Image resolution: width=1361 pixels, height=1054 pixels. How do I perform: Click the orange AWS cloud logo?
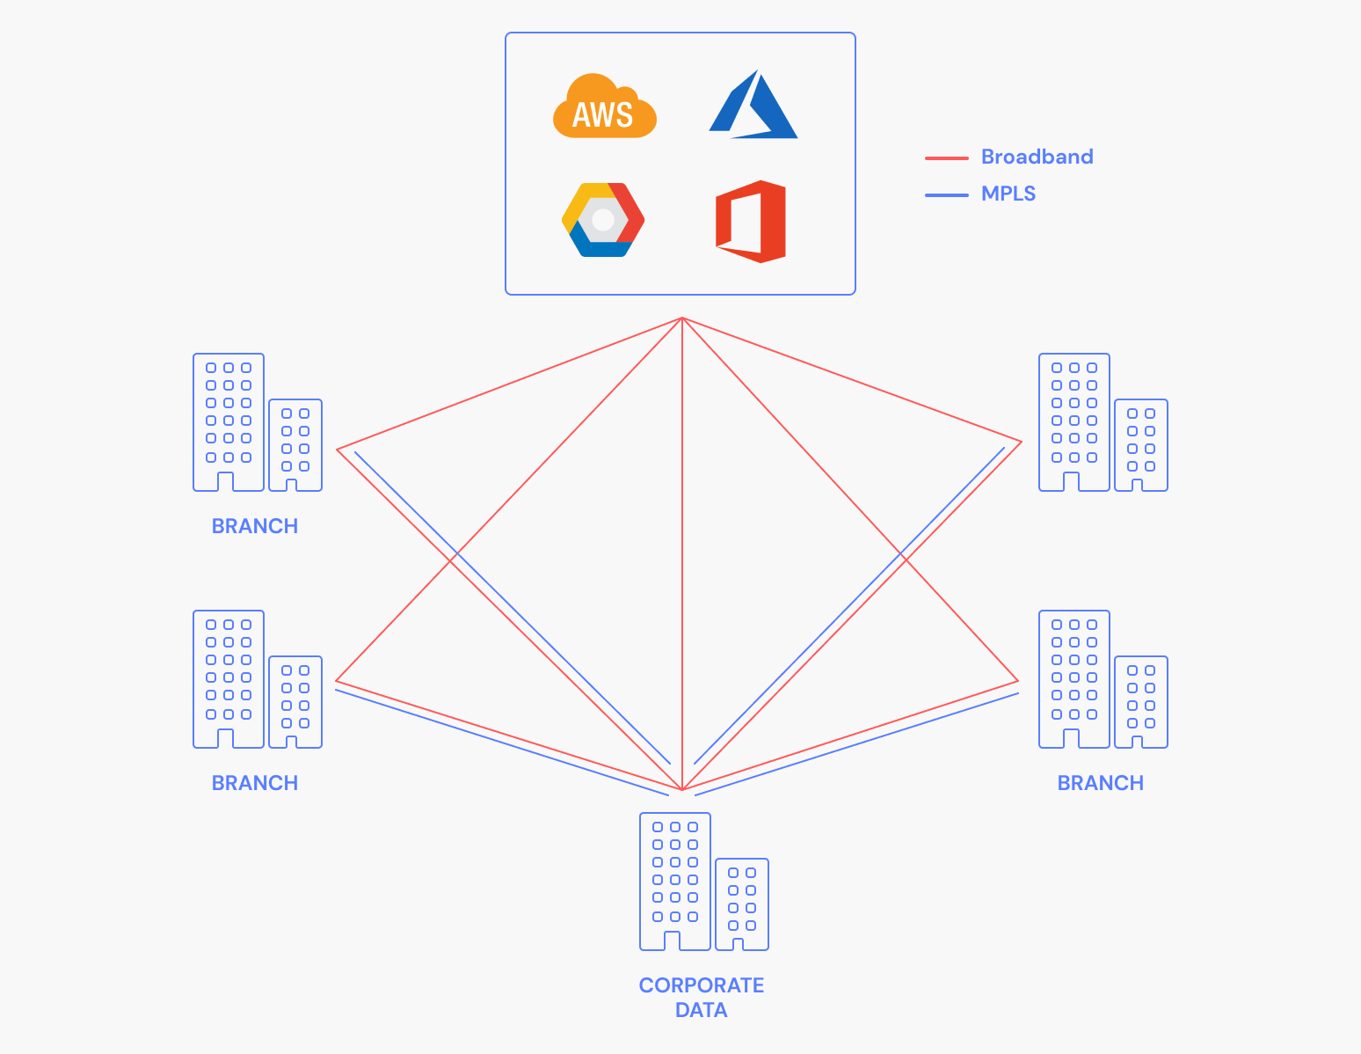(x=604, y=107)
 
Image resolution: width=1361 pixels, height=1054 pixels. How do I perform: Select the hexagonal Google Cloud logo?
(x=603, y=220)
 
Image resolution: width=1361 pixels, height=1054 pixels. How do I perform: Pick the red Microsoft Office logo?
(x=751, y=222)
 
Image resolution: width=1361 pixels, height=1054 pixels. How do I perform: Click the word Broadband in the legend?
(x=1037, y=157)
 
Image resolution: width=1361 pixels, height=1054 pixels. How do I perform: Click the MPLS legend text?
(x=1008, y=194)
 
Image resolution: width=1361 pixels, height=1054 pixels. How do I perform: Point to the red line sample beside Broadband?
(x=946, y=158)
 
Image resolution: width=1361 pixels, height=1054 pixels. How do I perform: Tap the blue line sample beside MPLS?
(x=946, y=194)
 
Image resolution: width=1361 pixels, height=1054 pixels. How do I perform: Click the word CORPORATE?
(x=701, y=985)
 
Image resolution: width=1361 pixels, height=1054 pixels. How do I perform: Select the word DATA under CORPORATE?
(x=701, y=1010)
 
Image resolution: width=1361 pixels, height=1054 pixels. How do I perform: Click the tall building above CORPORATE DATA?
(x=674, y=880)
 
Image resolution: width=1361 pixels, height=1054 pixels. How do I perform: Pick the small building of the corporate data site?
(x=741, y=904)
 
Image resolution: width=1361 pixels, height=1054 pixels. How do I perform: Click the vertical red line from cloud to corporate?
(x=682, y=554)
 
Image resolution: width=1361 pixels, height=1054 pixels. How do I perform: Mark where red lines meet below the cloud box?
(x=682, y=318)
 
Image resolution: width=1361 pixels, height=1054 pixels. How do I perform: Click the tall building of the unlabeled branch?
(x=1074, y=421)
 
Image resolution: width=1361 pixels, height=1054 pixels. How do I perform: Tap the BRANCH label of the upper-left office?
(x=255, y=526)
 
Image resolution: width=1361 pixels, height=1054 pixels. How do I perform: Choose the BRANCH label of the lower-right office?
(x=1100, y=783)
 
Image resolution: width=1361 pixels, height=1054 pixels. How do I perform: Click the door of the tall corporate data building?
(x=673, y=941)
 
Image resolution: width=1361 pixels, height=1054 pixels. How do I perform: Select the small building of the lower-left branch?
(x=295, y=701)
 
